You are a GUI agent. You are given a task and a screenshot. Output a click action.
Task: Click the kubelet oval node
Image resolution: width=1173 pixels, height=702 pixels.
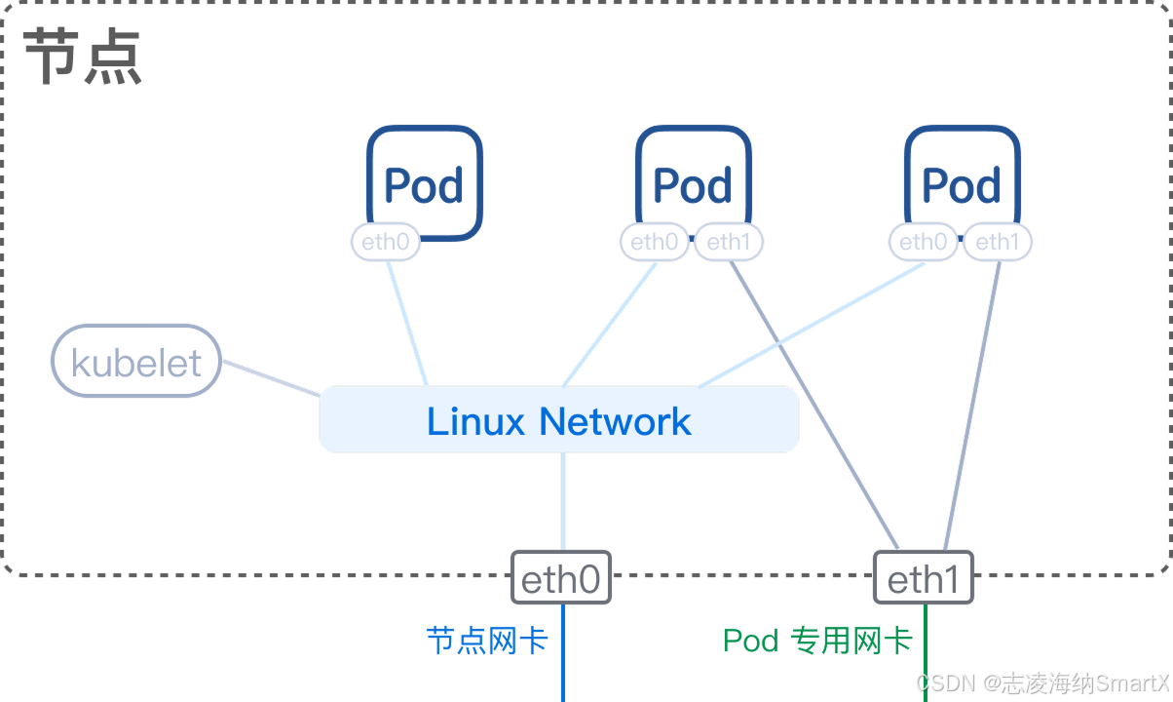[136, 361]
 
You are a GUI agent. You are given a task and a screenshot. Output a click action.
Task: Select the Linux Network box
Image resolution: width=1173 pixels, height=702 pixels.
[559, 419]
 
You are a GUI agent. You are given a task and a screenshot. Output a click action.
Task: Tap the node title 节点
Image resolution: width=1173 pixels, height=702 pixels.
[83, 56]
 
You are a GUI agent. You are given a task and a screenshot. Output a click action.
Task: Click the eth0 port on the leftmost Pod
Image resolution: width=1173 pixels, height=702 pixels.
[386, 242]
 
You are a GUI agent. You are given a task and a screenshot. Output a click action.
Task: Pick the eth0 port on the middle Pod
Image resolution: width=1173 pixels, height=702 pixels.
[654, 242]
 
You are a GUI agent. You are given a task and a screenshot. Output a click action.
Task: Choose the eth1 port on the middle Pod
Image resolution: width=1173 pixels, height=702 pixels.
[729, 242]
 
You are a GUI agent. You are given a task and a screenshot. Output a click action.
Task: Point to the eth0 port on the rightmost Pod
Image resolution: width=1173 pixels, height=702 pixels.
[924, 242]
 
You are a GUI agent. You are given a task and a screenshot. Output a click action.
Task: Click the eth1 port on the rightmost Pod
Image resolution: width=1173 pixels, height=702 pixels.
[998, 242]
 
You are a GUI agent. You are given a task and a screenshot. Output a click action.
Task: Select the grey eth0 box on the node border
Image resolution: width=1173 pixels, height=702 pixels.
[561, 577]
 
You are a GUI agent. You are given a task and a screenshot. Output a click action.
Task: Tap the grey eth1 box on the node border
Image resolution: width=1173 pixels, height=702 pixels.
[924, 577]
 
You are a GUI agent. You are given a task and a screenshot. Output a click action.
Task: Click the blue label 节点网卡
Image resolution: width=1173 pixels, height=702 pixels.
[487, 641]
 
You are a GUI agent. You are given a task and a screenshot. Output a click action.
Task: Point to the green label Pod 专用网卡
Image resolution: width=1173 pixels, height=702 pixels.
[818, 641]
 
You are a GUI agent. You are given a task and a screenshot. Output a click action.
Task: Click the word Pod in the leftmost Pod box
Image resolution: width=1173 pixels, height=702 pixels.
[424, 185]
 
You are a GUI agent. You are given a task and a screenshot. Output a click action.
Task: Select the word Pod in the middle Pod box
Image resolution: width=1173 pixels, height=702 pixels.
[693, 185]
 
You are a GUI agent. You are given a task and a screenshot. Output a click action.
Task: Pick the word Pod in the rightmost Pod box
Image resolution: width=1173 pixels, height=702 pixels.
[961, 185]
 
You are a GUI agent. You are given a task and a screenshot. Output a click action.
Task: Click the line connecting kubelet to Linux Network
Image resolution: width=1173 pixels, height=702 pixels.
[271, 377]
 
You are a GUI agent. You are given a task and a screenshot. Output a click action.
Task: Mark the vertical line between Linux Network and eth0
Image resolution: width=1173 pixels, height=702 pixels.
[563, 501]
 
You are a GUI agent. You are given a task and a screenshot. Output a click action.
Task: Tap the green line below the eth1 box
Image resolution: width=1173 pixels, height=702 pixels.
[926, 652]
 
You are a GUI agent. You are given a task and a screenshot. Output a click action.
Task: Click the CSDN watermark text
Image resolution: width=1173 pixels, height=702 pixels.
[1042, 683]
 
